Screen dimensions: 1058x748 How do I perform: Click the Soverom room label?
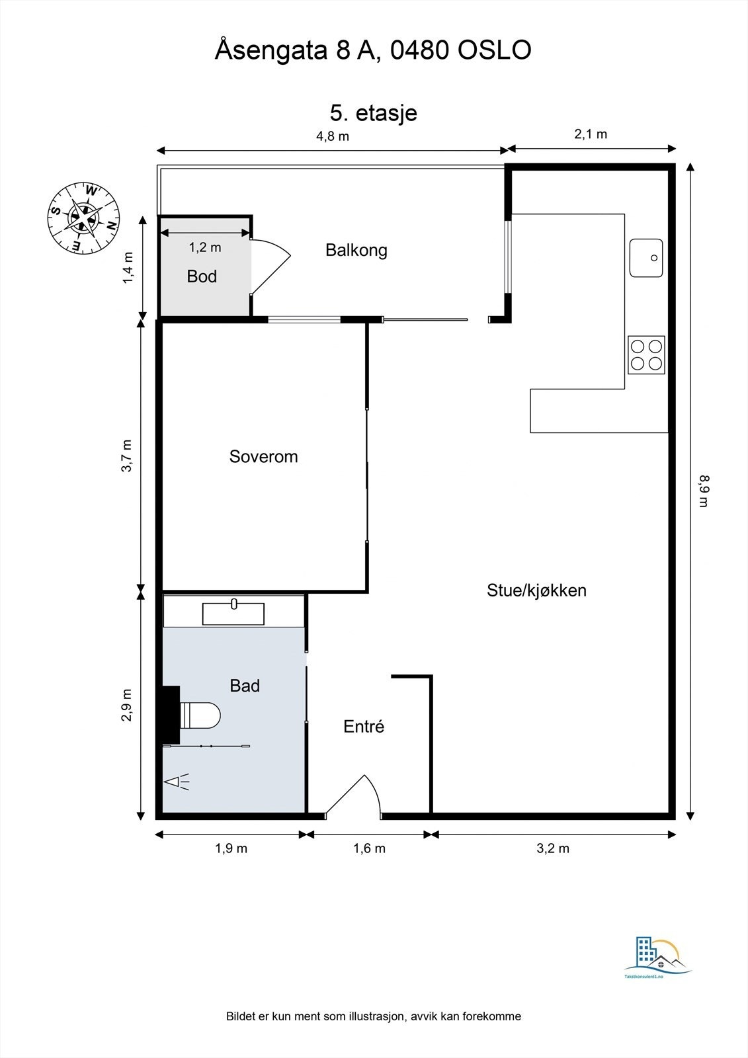(x=263, y=456)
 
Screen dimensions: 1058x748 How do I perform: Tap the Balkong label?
(x=356, y=250)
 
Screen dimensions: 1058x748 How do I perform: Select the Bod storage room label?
(x=202, y=276)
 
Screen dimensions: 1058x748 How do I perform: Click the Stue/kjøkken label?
(x=536, y=590)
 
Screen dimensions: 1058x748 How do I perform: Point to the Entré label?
(x=364, y=727)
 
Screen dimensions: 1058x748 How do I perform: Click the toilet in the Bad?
(x=200, y=715)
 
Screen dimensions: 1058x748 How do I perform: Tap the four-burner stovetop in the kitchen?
(x=646, y=355)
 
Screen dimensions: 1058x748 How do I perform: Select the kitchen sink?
(x=646, y=258)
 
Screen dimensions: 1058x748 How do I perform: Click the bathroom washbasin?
(x=233, y=614)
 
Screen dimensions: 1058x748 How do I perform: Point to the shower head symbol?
(x=177, y=782)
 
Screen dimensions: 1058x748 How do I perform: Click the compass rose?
(x=83, y=217)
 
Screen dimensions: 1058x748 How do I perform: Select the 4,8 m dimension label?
(x=332, y=136)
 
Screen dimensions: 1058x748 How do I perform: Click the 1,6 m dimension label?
(x=369, y=848)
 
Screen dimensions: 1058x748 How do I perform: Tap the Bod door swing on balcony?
(x=271, y=264)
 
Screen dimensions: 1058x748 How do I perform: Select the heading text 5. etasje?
(x=374, y=112)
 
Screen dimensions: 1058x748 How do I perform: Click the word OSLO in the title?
(x=495, y=51)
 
